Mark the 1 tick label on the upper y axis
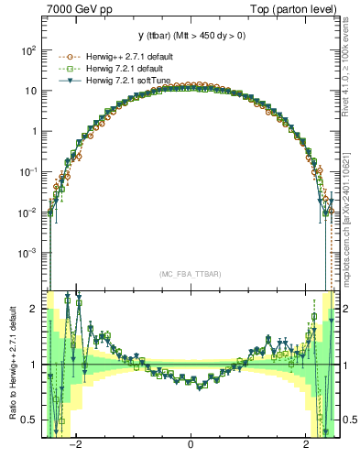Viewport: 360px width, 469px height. point(35,131)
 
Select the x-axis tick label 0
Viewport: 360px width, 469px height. point(191,446)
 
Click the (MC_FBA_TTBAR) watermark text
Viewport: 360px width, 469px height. point(190,274)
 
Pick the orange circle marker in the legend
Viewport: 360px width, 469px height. point(64,56)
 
